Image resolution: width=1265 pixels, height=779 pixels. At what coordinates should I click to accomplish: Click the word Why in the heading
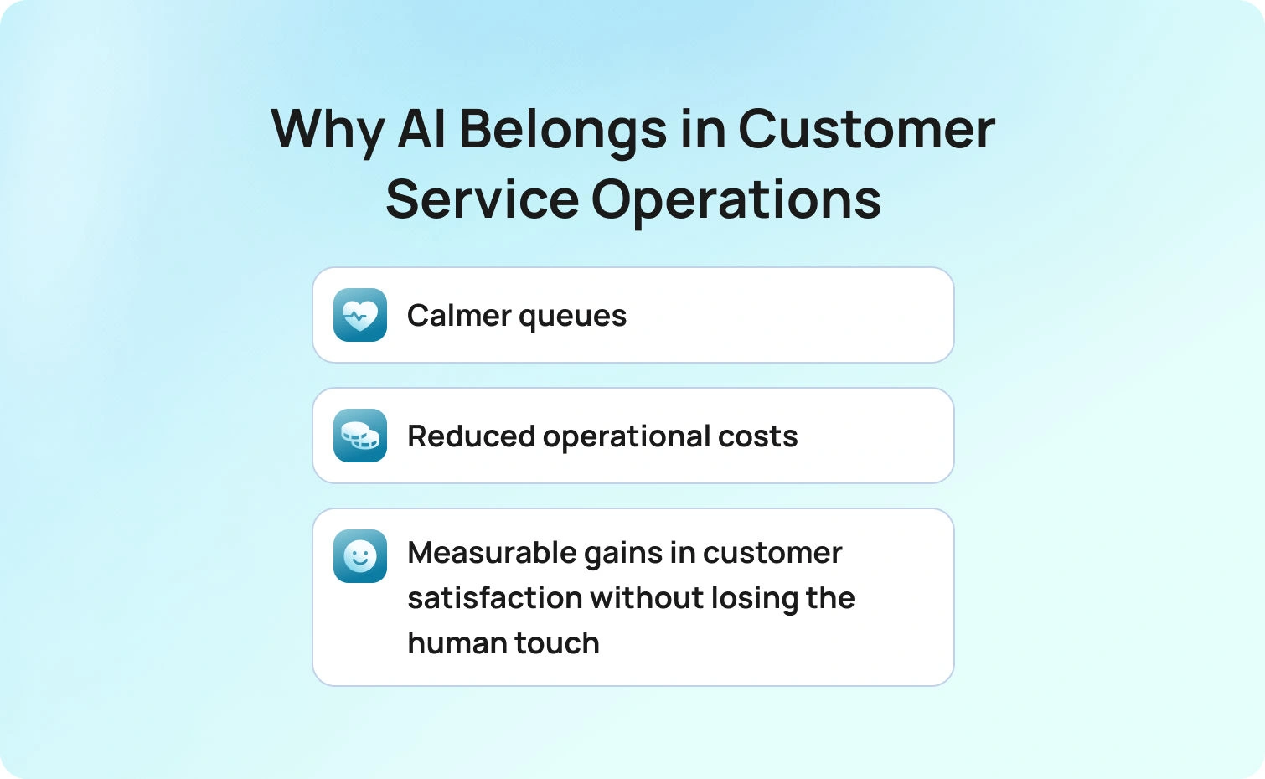coord(328,131)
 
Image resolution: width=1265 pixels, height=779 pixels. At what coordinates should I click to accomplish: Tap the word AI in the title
coord(421,130)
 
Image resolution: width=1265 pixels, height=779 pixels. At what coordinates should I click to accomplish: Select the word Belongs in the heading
coord(563,131)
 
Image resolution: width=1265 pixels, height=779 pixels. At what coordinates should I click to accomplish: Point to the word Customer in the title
coord(866,130)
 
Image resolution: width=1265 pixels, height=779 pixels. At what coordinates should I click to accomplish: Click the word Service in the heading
coord(482,200)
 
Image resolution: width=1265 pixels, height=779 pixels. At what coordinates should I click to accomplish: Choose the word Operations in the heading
coord(736,201)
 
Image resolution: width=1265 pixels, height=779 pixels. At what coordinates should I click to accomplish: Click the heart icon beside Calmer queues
coord(360,315)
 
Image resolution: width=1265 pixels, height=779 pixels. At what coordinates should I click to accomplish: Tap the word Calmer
coord(459,316)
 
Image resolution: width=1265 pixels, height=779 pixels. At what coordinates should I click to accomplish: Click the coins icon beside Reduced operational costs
coord(360,436)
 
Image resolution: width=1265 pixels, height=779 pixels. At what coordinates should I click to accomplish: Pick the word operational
coord(627,437)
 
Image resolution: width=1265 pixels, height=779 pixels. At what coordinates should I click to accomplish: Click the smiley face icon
coord(360,556)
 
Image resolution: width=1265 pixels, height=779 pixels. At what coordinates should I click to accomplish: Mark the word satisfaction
coord(494,598)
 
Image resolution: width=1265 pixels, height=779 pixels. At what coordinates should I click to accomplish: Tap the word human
coord(457,643)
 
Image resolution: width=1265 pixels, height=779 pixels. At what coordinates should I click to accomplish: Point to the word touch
coord(557,643)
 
